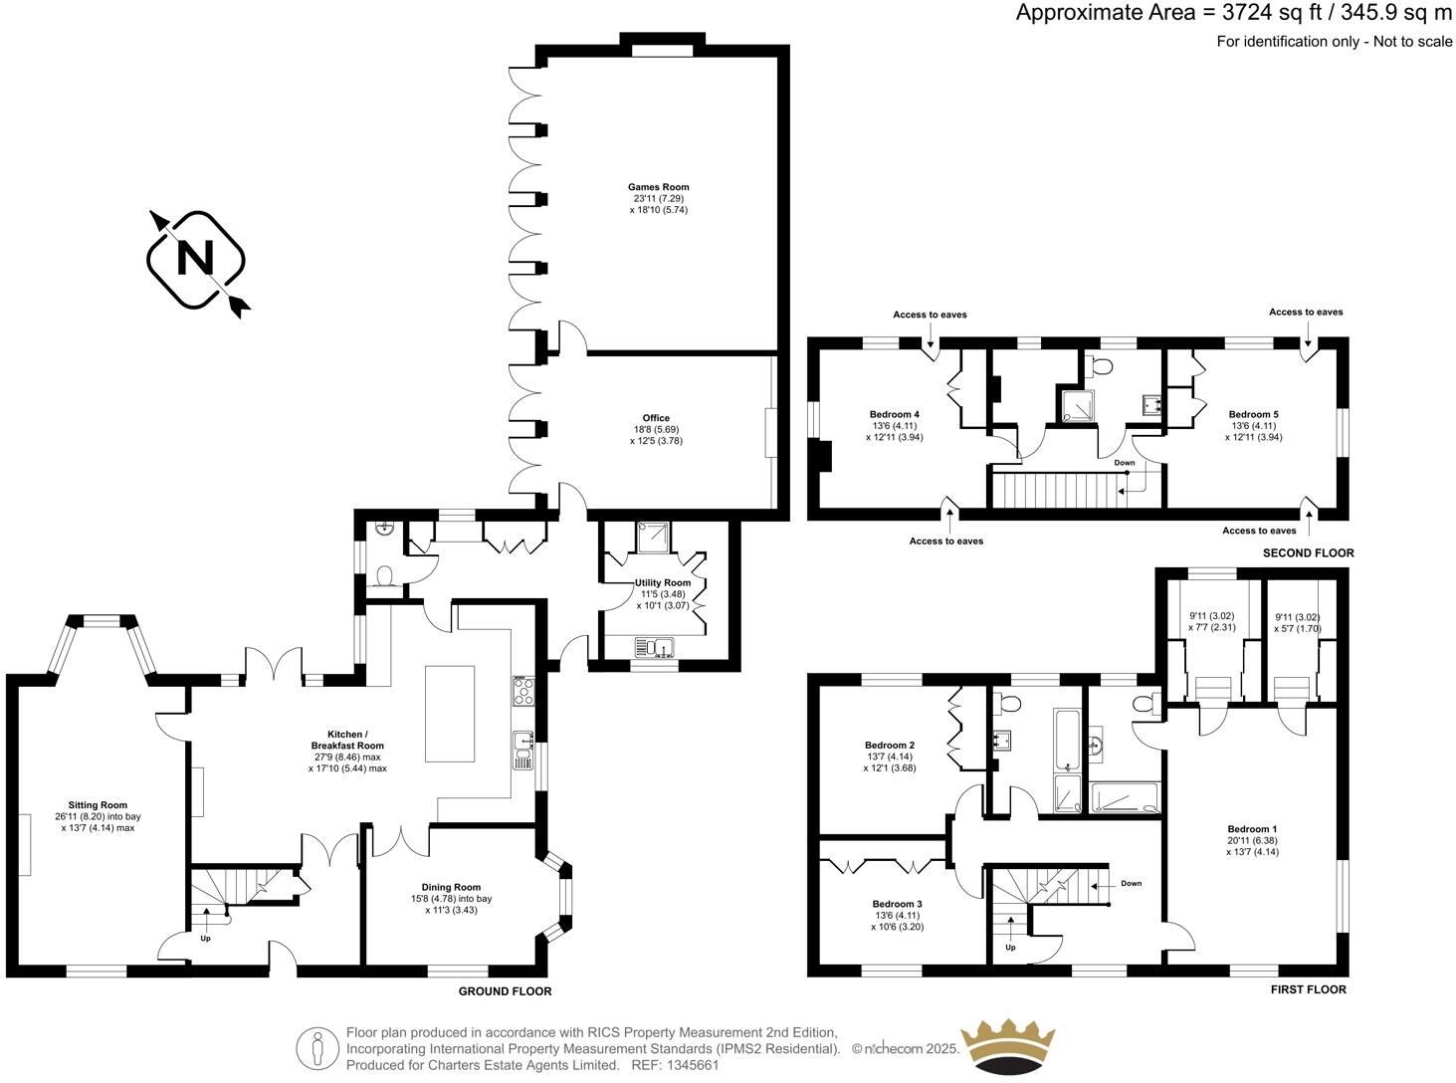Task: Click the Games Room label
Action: (x=658, y=187)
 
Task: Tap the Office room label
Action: (x=656, y=418)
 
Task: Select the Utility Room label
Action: (x=663, y=583)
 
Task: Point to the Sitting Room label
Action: (x=98, y=805)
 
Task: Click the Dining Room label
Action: (x=451, y=887)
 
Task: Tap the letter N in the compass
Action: (x=195, y=259)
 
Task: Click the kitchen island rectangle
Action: (x=450, y=713)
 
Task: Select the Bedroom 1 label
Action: (x=1252, y=829)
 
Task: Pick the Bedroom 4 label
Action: (x=894, y=414)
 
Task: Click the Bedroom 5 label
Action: (x=1253, y=414)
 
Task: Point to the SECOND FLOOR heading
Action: (x=1308, y=553)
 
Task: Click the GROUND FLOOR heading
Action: (x=505, y=991)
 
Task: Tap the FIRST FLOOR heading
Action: (x=1308, y=989)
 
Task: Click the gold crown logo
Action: (x=1006, y=1047)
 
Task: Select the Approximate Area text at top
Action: (x=1233, y=13)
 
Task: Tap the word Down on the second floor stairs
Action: (x=1124, y=463)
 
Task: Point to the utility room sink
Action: (x=655, y=649)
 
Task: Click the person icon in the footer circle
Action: (x=317, y=1048)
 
